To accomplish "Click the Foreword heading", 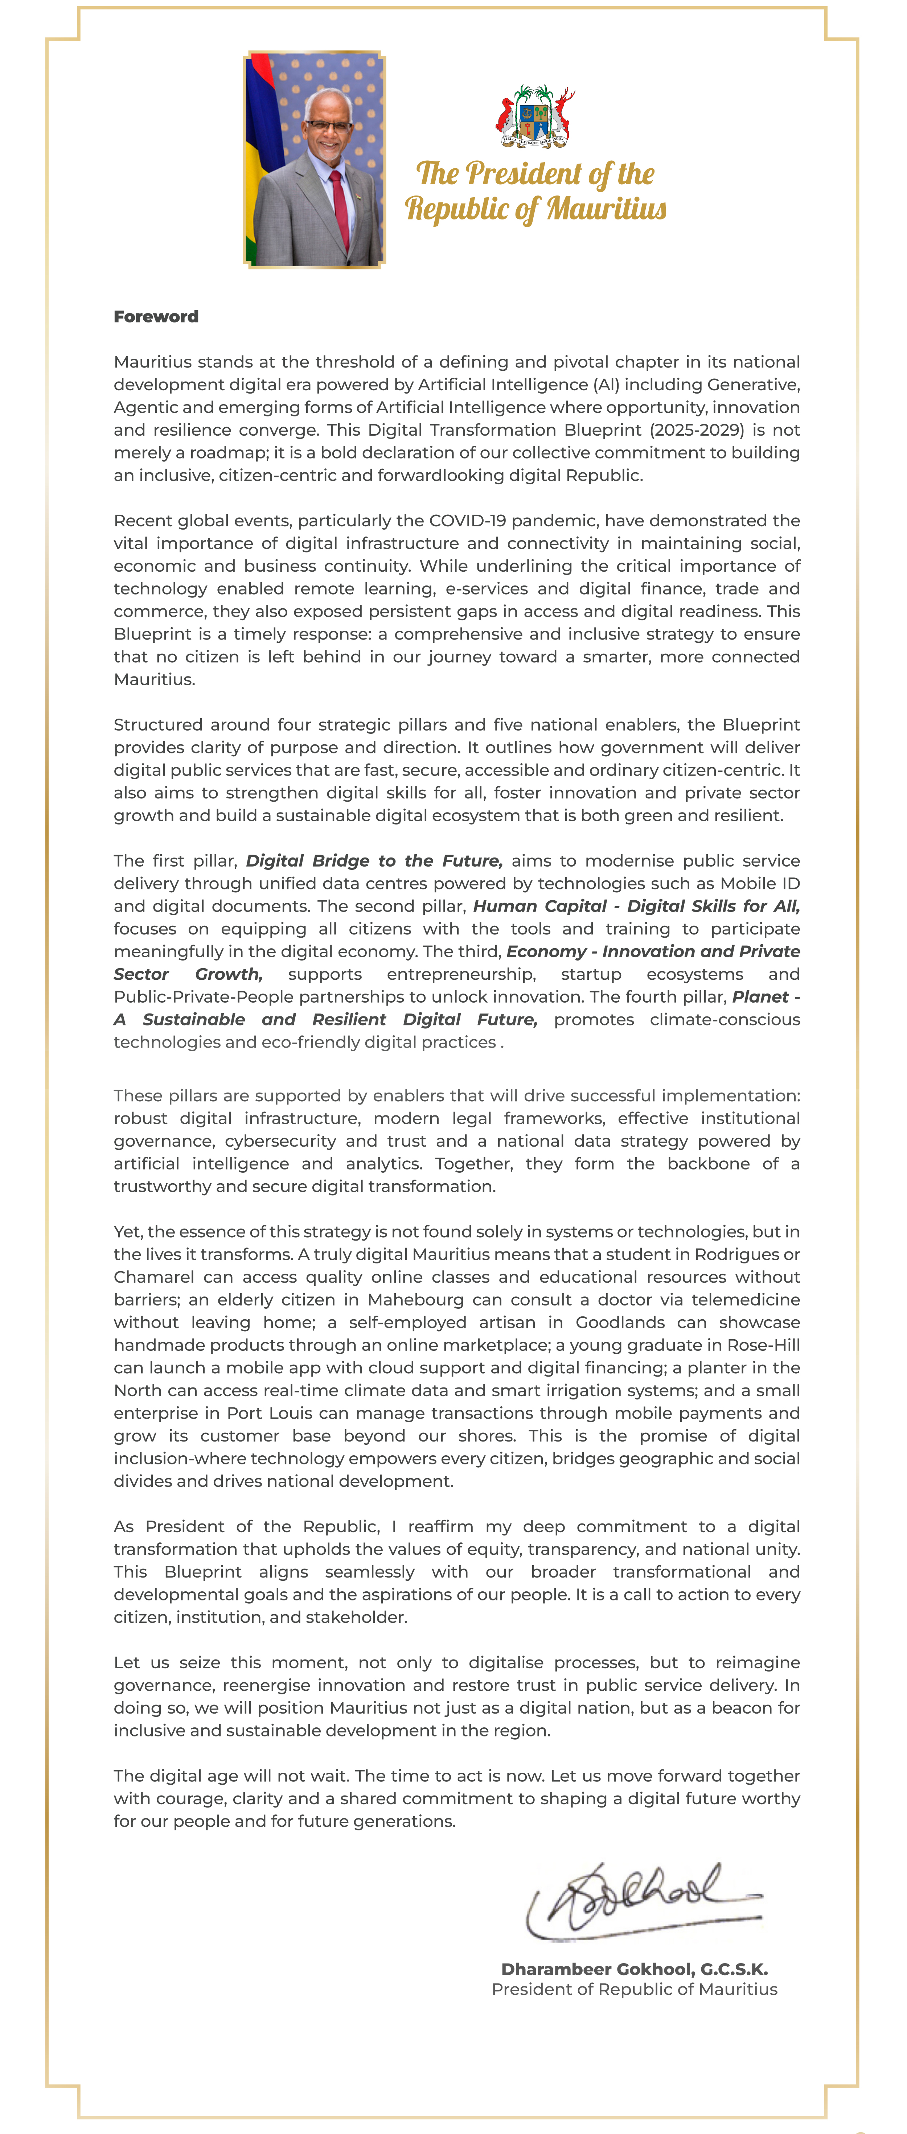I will point(156,316).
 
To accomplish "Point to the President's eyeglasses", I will point(329,125).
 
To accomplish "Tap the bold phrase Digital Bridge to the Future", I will point(374,861).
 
